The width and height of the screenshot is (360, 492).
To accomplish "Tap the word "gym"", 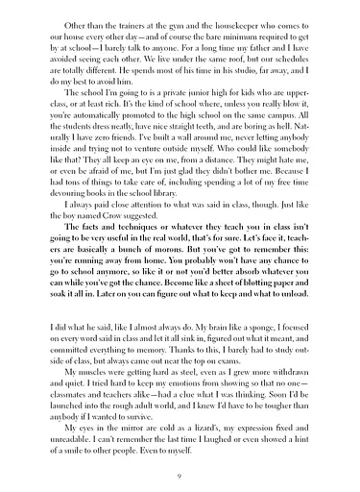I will point(182,19).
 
